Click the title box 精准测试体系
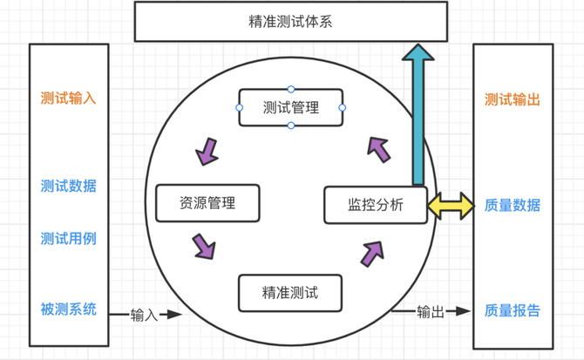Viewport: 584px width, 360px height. pos(289,22)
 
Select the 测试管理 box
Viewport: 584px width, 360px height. pos(290,108)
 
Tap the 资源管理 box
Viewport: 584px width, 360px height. pos(207,203)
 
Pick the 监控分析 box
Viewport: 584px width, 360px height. pos(376,206)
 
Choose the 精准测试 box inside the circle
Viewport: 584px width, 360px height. pos(290,293)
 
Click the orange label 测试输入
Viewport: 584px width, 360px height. pos(68,98)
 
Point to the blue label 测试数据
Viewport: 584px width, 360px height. pos(68,186)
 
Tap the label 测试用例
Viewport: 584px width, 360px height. pos(68,238)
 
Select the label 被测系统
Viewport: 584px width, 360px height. pos(68,309)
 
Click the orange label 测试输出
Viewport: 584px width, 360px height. pos(513,99)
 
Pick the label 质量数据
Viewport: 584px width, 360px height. pos(513,206)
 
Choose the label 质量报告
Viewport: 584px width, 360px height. pos(513,309)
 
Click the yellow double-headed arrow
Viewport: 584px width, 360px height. pos(450,207)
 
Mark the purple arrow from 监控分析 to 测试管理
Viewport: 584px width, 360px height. pos(378,148)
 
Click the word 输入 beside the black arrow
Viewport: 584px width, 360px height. pos(144,315)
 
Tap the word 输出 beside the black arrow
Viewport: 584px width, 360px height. pos(430,311)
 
